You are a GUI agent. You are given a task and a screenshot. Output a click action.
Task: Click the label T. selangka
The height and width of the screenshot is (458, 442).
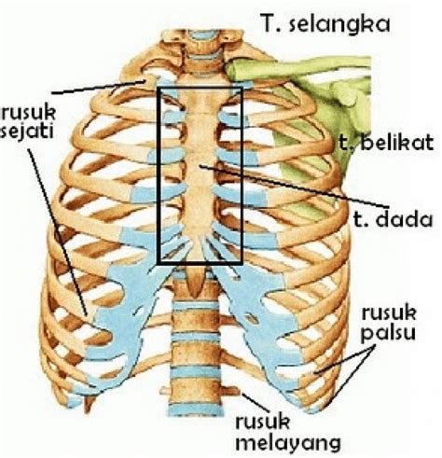tap(325, 23)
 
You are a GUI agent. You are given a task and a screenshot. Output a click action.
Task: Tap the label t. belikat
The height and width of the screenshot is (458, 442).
tap(386, 143)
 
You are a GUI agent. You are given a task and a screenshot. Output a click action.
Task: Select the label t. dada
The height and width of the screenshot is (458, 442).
tap(393, 218)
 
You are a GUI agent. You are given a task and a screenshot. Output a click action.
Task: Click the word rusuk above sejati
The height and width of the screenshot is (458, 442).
tap(28, 113)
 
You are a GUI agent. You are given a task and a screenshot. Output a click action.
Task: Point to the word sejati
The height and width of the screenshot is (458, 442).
tap(27, 132)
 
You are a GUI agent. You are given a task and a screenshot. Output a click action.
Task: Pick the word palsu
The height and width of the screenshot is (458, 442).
tap(388, 333)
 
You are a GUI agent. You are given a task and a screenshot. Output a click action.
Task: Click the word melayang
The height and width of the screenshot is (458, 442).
tap(288, 441)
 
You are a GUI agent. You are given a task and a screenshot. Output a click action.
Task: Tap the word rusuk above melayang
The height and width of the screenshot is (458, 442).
tap(263, 422)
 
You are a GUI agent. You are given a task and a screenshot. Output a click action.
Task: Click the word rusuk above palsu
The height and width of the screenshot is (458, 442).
tap(389, 312)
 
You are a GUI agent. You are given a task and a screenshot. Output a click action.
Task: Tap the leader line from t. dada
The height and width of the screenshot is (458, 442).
tap(294, 187)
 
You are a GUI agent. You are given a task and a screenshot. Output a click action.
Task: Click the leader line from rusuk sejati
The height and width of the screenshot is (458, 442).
tap(58, 232)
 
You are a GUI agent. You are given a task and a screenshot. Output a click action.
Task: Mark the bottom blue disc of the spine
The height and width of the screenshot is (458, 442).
tap(196, 409)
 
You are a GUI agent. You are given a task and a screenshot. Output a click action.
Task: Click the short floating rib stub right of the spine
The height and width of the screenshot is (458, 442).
tap(229, 390)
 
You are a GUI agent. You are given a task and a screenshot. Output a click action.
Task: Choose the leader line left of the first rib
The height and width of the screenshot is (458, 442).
tap(99, 87)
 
